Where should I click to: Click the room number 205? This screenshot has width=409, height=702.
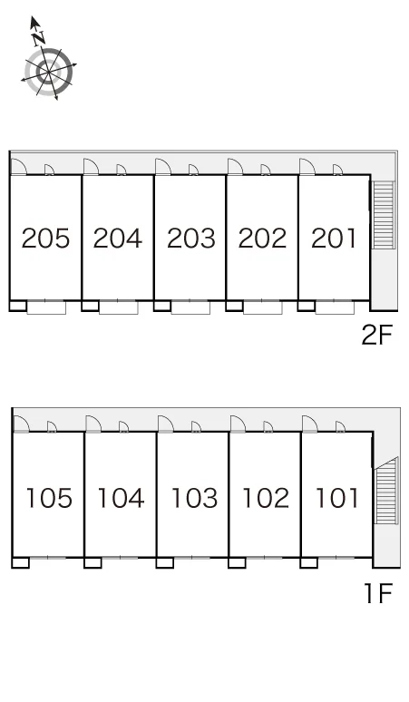[45, 238]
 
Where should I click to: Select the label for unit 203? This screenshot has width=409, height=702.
[191, 238]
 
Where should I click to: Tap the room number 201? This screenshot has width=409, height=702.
[335, 238]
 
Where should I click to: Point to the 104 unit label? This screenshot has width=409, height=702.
[121, 498]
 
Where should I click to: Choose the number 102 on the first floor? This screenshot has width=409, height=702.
[266, 498]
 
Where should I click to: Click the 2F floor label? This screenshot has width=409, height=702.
[376, 335]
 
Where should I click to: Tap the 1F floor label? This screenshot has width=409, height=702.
[378, 593]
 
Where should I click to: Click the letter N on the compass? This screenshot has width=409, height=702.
[39, 39]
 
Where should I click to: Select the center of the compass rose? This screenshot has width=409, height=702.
[48, 72]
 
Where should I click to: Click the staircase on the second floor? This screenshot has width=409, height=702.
[383, 215]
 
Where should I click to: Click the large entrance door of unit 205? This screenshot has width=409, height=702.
[18, 166]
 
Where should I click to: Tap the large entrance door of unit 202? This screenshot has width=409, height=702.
[236, 166]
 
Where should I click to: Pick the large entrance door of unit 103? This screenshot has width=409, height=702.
[166, 424]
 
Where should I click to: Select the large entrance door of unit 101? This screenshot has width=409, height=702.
[310, 424]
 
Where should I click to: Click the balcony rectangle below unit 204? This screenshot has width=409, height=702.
[119, 307]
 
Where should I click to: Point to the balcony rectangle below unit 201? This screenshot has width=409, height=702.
[335, 307]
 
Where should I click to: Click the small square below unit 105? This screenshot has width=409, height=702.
[20, 562]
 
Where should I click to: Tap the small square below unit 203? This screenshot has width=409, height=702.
[162, 306]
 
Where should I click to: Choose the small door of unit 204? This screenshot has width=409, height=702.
[122, 170]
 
